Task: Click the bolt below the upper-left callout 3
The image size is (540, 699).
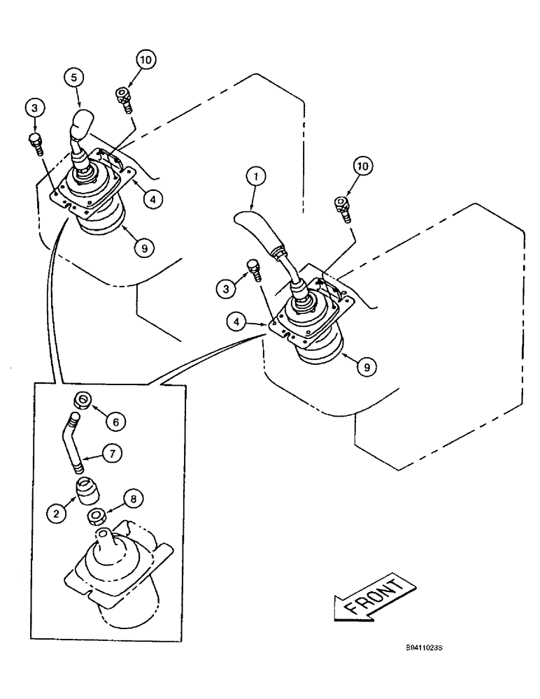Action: (35, 142)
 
